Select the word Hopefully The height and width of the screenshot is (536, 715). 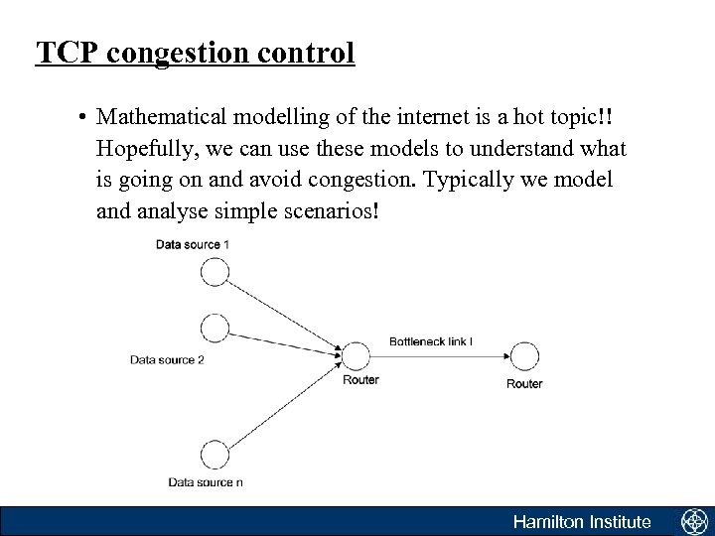click(x=147, y=149)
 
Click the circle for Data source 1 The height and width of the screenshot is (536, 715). click(x=214, y=271)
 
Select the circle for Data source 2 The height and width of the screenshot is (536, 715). click(x=214, y=327)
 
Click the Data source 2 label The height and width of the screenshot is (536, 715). click(x=167, y=359)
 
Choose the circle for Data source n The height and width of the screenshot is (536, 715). click(x=214, y=455)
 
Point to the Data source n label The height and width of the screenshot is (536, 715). click(x=205, y=482)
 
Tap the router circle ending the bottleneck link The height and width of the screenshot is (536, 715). click(x=523, y=355)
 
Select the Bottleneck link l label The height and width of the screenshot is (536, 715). click(x=430, y=340)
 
